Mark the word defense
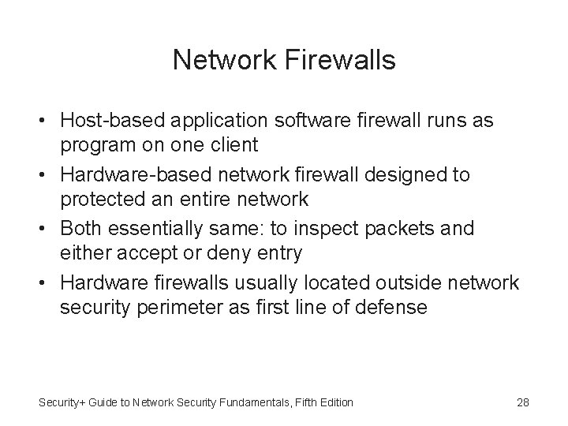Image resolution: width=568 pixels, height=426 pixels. coord(387,306)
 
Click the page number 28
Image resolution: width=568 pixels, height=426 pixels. coord(522,402)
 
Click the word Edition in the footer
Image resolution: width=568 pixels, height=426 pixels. coord(335,402)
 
